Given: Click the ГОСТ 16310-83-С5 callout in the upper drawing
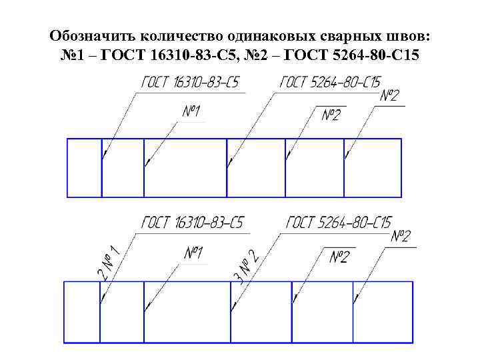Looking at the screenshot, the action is pyautogui.click(x=190, y=83).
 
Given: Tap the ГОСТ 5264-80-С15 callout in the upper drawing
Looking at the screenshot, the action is pyautogui.click(x=330, y=83).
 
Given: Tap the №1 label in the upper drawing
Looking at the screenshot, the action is pyautogui.click(x=191, y=111).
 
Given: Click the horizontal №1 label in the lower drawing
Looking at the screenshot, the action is pyautogui.click(x=193, y=253).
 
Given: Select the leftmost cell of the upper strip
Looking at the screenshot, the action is pyautogui.click(x=85, y=167).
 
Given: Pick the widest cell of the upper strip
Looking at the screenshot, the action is pyautogui.click(x=185, y=167).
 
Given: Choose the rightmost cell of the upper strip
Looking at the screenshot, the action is pyautogui.click(x=373, y=167).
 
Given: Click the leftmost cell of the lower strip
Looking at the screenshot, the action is pyautogui.click(x=81, y=312).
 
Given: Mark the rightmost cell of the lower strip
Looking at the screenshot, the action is pyautogui.click(x=383, y=312).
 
